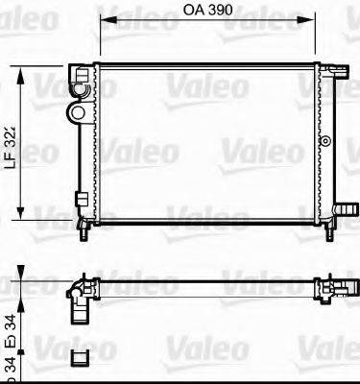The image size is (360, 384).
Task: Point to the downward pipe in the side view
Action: pyautogui.click(x=77, y=313)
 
